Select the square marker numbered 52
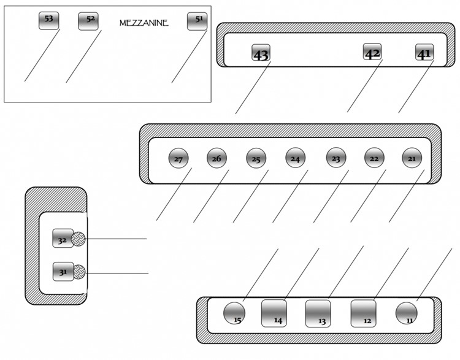(x=88, y=21)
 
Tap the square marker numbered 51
(x=197, y=21)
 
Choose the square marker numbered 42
(x=373, y=52)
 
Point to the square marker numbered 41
(x=424, y=53)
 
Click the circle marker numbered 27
(x=178, y=159)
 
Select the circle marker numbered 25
(x=256, y=158)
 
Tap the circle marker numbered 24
(x=295, y=158)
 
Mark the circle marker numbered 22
(x=374, y=158)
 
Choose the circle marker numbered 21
(x=412, y=158)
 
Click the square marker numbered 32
(x=63, y=239)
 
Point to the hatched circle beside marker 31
(x=79, y=272)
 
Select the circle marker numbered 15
(x=234, y=313)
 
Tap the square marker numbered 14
(x=274, y=313)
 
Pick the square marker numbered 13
(x=318, y=313)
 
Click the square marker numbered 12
(x=364, y=313)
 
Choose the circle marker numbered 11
(x=406, y=313)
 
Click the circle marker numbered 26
(x=217, y=158)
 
